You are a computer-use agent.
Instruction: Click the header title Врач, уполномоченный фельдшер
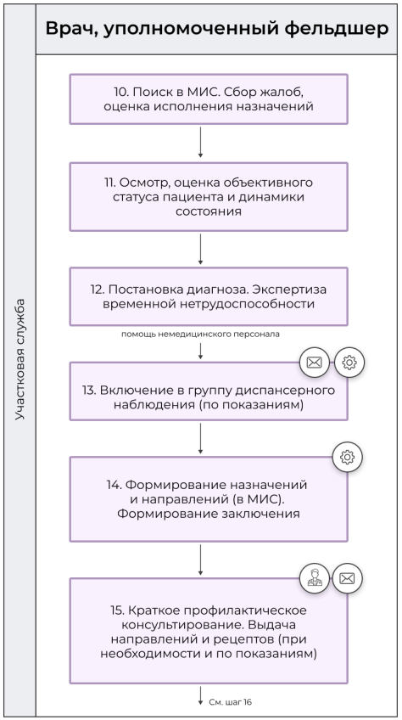coord(217,28)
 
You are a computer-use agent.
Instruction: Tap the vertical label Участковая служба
coord(20,359)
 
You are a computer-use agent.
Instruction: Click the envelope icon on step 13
coord(314,363)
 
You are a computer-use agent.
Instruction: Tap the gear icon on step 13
coord(348,363)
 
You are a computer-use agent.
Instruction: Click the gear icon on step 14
coord(346,458)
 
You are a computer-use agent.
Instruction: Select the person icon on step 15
coord(314,579)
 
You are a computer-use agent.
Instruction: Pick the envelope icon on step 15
coord(347,579)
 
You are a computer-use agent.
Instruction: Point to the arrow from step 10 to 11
coord(200,143)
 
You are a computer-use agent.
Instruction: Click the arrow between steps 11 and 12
coord(200,249)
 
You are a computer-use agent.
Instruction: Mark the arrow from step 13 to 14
coord(200,438)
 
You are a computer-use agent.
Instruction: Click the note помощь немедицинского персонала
coord(200,334)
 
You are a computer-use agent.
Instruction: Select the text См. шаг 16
coord(230,702)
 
